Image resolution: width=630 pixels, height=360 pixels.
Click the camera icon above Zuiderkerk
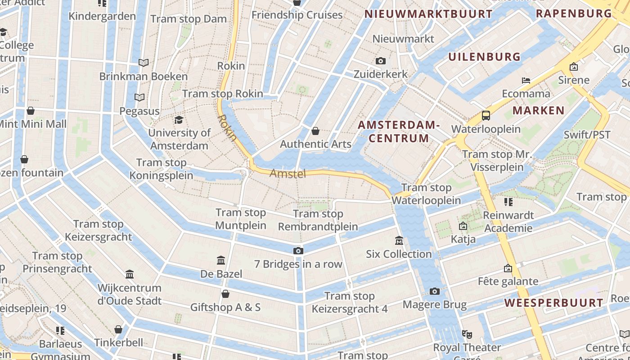381,61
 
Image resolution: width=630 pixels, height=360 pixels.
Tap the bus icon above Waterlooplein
486,116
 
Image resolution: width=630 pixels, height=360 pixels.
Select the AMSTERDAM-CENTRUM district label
399,131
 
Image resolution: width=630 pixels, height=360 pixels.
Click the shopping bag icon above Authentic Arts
315,131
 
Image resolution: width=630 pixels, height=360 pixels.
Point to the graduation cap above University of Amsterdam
179,120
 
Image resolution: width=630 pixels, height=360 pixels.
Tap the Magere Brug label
434,305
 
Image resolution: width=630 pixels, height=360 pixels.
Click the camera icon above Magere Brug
434,292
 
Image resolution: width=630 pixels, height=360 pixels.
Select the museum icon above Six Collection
399,241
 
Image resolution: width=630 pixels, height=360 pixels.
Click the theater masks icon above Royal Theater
467,334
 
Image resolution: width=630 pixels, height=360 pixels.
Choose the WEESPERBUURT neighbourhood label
553,303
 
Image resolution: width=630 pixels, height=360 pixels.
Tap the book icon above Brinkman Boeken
144,63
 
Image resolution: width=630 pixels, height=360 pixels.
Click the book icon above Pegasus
139,98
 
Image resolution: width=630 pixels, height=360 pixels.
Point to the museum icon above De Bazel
221,261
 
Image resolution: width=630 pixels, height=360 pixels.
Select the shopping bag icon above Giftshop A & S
225,294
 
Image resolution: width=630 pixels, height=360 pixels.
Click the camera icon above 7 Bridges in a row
298,251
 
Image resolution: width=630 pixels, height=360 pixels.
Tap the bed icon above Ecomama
526,81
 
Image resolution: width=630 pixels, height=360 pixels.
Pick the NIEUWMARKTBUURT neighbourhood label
428,14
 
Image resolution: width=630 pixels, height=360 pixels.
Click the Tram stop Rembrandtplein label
318,220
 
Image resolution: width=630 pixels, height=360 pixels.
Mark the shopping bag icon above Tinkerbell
118,330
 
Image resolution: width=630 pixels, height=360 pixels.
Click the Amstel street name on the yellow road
288,174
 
